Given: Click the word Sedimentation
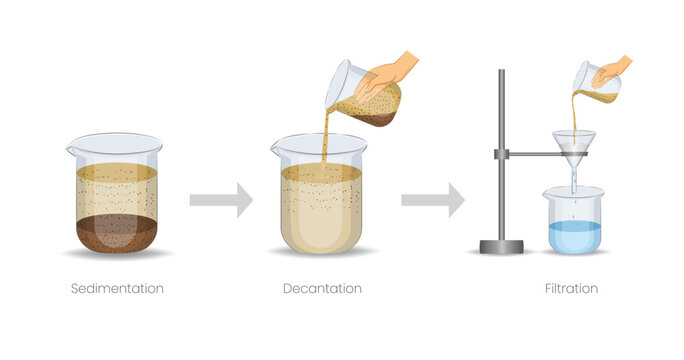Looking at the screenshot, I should click(x=117, y=289).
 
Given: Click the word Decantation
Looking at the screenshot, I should click(x=322, y=289).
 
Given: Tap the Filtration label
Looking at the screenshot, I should click(x=572, y=289).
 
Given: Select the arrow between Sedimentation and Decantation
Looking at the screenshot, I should click(x=220, y=200).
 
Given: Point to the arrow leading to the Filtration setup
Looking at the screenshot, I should click(x=432, y=200).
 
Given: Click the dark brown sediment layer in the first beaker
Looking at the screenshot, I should click(x=116, y=233).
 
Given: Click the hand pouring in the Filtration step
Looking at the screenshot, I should click(x=611, y=69).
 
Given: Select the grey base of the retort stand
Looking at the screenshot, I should click(x=501, y=246).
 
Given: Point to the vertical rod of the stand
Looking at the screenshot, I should click(x=501, y=110).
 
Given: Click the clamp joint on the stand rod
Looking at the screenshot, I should click(x=501, y=154).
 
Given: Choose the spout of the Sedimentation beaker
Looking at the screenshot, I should click(x=72, y=150).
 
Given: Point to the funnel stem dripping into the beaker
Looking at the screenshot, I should click(x=573, y=172).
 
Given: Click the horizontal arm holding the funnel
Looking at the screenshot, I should click(x=535, y=154).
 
